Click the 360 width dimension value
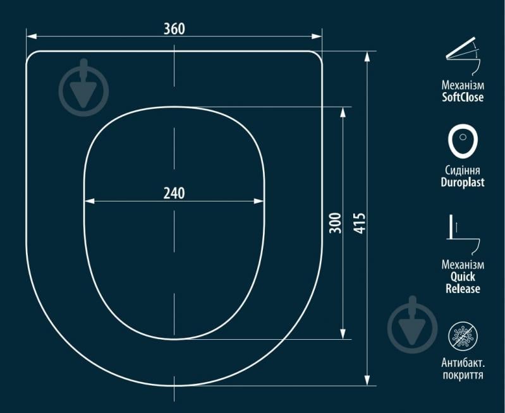pyautogui.click(x=174, y=28)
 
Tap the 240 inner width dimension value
pyautogui.click(x=174, y=193)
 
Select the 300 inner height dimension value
pyautogui.click(x=335, y=223)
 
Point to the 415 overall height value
pyautogui.click(x=360, y=223)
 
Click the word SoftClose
pyautogui.click(x=463, y=97)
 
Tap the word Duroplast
pyautogui.click(x=463, y=183)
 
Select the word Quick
pyautogui.click(x=463, y=277)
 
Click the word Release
pyautogui.click(x=463, y=289)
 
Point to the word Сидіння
pyautogui.click(x=463, y=171)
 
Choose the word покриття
pyautogui.click(x=463, y=375)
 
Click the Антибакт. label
pyautogui.click(x=463, y=362)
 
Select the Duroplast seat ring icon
pyautogui.click(x=463, y=141)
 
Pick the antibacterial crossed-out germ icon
pyautogui.click(x=463, y=336)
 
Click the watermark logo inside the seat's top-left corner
pyautogui.click(x=83, y=88)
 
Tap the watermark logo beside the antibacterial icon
pyautogui.click(x=412, y=325)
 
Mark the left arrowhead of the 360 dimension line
pyautogui.click(x=31, y=37)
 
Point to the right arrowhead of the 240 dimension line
pyautogui.click(x=259, y=201)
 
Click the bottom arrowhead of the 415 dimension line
pyautogui.click(x=367, y=380)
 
